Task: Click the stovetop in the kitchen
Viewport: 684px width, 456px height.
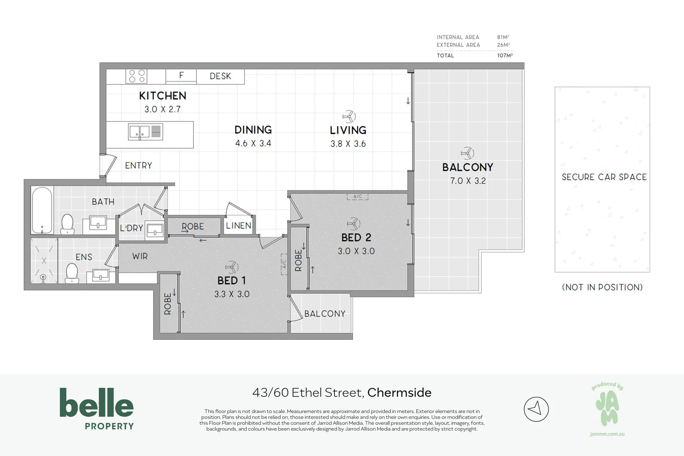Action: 136,76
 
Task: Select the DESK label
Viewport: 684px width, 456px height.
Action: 220,76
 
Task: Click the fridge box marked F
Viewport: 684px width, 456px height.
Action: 181,76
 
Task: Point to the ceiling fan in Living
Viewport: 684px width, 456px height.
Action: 349,117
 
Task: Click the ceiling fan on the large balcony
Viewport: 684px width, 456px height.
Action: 467,153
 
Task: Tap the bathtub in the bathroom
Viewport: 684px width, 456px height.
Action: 42,210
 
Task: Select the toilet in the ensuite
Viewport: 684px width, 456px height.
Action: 72,273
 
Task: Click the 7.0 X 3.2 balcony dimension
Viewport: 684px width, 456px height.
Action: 468,181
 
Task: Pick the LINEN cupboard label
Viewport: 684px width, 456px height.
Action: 239,225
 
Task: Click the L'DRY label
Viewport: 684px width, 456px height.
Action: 131,228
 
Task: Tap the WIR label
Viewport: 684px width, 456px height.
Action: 140,256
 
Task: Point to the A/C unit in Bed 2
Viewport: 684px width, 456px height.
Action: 357,196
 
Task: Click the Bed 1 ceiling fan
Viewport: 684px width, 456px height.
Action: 231,267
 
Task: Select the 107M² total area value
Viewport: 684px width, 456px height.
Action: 505,55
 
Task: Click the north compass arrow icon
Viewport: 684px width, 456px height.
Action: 536,409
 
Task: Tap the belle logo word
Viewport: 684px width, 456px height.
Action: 97,403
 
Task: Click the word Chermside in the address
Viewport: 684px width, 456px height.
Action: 399,392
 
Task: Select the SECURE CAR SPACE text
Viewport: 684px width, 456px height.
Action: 604,177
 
